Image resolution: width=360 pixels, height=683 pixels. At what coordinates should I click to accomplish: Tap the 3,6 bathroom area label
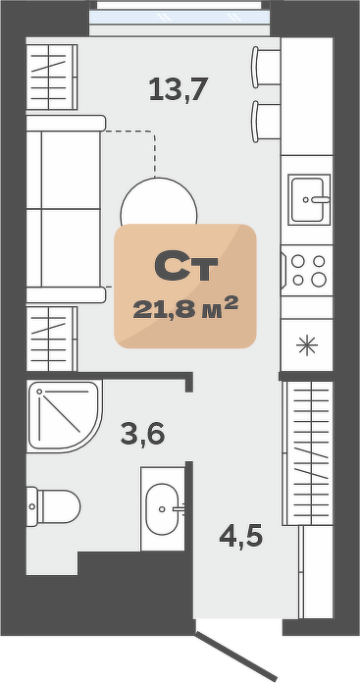pyautogui.click(x=142, y=434)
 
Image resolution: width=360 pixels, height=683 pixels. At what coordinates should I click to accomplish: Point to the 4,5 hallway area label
pyautogui.click(x=240, y=536)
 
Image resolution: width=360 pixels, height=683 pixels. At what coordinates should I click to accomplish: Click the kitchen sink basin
pyautogui.click(x=309, y=199)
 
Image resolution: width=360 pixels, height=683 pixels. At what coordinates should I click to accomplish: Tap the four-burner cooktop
pyautogui.click(x=307, y=271)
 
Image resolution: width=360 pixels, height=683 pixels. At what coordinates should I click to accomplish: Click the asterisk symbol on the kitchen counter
pyautogui.click(x=307, y=345)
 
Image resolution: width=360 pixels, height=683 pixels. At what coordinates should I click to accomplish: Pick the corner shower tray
pyautogui.click(x=65, y=416)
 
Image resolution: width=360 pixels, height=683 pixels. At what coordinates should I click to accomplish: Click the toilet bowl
pyautogui.click(x=54, y=506)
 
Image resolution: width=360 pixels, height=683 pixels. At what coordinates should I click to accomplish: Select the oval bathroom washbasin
pyautogui.click(x=163, y=508)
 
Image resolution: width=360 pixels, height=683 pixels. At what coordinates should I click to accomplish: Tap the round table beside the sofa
pyautogui.click(x=159, y=201)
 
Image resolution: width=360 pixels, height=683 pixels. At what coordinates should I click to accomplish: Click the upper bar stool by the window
pyautogui.click(x=266, y=67)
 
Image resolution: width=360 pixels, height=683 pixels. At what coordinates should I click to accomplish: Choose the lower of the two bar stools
pyautogui.click(x=266, y=122)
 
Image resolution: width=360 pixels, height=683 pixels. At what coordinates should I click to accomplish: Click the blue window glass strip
pyautogui.click(x=179, y=17)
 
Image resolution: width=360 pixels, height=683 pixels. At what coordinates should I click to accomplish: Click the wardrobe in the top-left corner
pyautogui.click(x=52, y=78)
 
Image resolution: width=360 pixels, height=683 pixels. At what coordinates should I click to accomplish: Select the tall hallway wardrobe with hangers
pyautogui.click(x=308, y=453)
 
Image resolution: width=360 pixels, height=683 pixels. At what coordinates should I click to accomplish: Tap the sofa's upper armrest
pyautogui.click(x=66, y=123)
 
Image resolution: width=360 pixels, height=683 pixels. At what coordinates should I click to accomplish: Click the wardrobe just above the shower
pyautogui.click(x=52, y=339)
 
